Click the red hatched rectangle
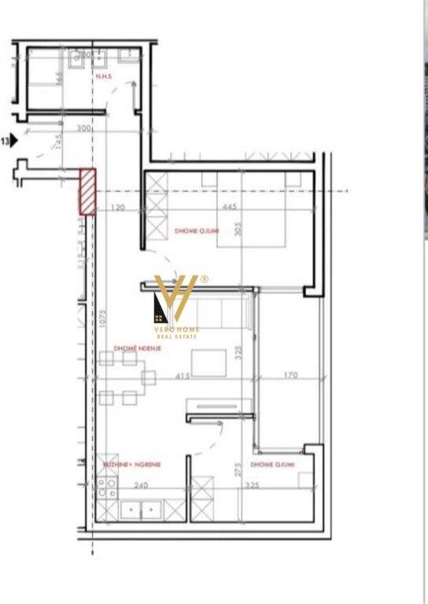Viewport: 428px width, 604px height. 87,192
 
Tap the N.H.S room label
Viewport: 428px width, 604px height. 103,77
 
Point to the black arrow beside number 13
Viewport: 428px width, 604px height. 14,142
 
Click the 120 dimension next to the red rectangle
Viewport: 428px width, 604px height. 118,208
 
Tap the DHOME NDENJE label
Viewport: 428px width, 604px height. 137,348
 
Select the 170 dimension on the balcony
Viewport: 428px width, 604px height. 290,376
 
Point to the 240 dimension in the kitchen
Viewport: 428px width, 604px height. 141,486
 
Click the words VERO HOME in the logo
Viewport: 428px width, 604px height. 177,330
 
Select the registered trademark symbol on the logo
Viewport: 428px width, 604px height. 205,279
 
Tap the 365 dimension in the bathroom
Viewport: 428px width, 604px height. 59,79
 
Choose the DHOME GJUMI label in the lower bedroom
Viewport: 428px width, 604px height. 272,465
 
